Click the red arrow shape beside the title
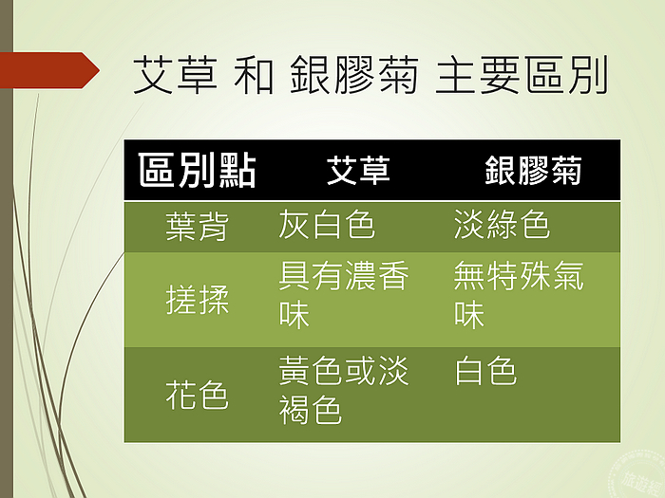49,70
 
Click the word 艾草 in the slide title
175,75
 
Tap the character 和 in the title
254,75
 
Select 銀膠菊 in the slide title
354,75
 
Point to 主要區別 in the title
522,75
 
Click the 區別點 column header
198,170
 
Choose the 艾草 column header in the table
358,170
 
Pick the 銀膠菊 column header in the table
533,170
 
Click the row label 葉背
198,227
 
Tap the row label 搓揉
198,300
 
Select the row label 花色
198,395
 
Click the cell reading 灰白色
327,224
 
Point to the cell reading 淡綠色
503,224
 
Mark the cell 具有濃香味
344,295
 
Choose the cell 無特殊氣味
519,295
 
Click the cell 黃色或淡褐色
344,390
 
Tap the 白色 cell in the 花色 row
485,371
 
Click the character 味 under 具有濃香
294,315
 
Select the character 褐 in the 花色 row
294,410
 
